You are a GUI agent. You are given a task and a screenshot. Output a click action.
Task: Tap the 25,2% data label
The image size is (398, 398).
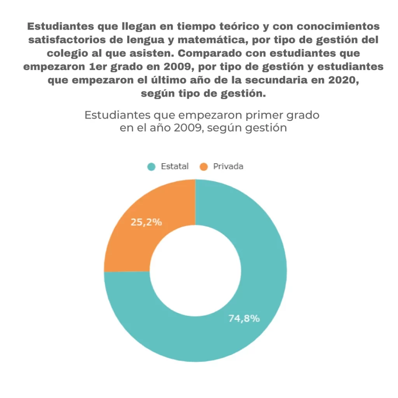click(x=146, y=222)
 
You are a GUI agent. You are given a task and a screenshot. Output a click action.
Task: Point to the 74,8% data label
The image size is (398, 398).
click(x=244, y=318)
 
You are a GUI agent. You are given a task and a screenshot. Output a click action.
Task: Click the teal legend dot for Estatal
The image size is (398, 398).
click(x=151, y=167)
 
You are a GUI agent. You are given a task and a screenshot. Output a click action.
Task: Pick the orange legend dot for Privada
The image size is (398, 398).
click(x=203, y=167)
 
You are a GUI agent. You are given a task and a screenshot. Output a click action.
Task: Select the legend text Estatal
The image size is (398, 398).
click(x=175, y=166)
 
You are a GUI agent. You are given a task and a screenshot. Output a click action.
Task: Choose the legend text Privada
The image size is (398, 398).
click(x=228, y=166)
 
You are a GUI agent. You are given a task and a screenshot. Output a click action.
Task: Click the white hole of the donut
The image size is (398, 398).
click(x=195, y=271)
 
